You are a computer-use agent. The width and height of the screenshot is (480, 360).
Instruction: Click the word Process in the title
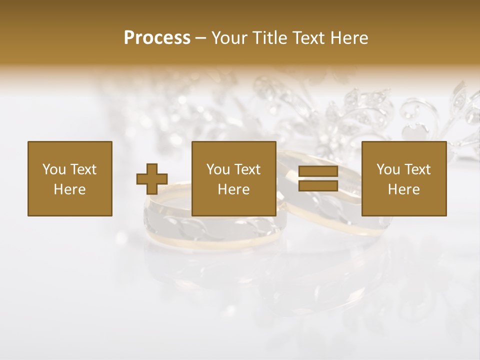click(x=157, y=37)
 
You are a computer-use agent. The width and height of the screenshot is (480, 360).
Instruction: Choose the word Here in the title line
click(x=351, y=38)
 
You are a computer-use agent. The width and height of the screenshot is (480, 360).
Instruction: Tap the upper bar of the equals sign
click(x=318, y=172)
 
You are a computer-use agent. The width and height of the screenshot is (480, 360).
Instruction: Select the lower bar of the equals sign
click(x=318, y=185)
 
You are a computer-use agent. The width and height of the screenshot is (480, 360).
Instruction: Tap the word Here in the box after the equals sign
click(x=403, y=189)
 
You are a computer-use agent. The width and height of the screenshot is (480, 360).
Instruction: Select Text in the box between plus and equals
click(x=247, y=169)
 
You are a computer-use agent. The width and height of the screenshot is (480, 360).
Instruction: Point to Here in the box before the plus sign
click(x=69, y=189)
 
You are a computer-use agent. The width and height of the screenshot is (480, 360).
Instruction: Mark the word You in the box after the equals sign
click(x=387, y=169)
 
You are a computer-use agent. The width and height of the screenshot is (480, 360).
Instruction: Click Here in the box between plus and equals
click(x=233, y=189)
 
